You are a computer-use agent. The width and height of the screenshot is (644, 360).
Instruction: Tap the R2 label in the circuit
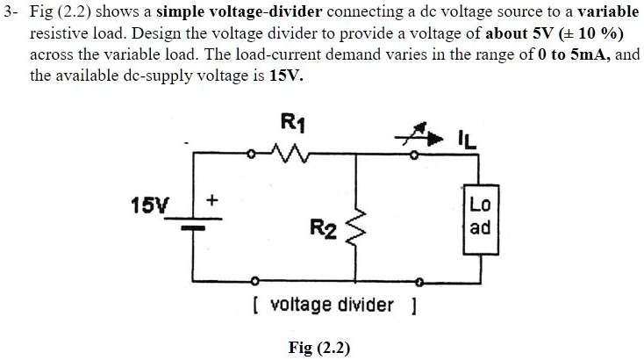[322, 230]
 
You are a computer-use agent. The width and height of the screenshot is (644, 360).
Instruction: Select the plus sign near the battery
[211, 201]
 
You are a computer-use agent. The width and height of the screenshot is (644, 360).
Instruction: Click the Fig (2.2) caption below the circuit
[319, 348]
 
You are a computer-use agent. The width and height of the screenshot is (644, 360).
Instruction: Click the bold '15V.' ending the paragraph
[287, 75]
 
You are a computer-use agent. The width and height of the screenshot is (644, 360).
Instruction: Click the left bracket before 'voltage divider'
[254, 306]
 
